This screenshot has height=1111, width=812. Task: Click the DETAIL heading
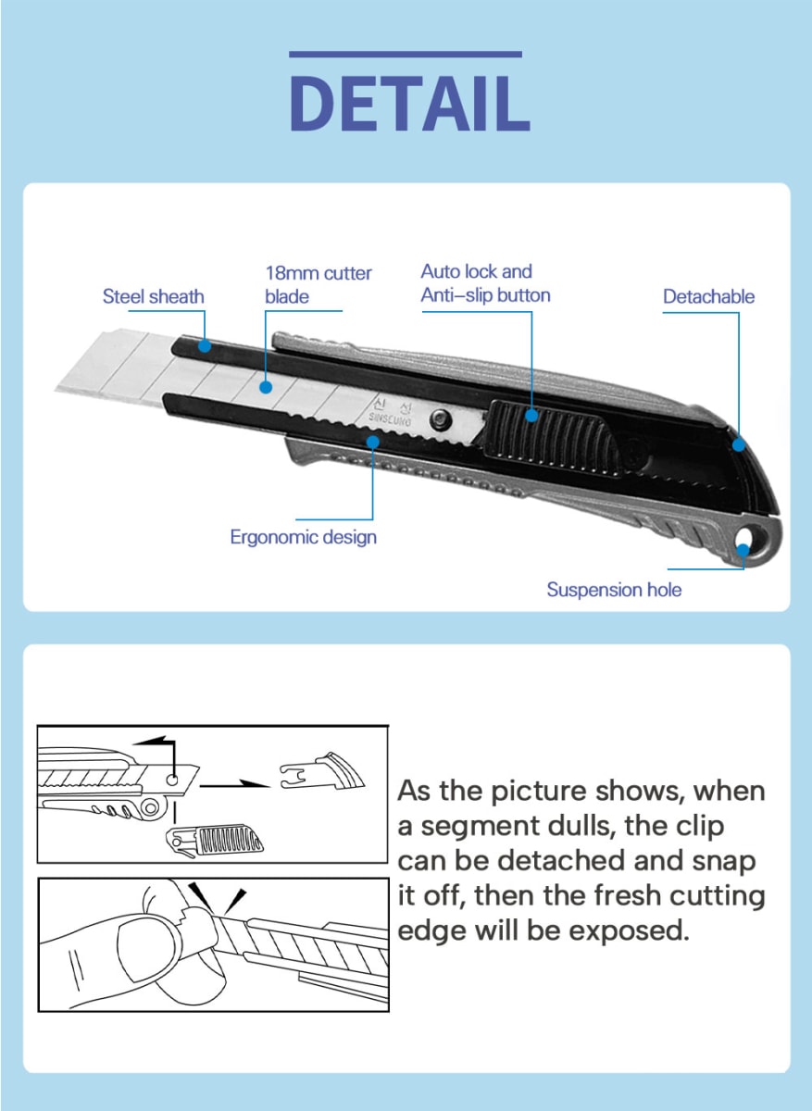(x=408, y=103)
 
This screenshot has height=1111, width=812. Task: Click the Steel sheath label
(x=153, y=296)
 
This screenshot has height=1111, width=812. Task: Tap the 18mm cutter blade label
(x=318, y=284)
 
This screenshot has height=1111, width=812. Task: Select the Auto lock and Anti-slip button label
(x=484, y=283)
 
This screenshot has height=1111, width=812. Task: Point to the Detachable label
(x=708, y=296)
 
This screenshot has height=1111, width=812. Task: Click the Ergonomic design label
(x=303, y=537)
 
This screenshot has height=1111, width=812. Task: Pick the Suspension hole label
(x=614, y=590)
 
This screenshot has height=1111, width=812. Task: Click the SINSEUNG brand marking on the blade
(x=390, y=412)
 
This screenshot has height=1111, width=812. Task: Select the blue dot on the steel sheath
(x=204, y=346)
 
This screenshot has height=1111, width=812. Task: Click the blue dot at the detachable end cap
(x=739, y=443)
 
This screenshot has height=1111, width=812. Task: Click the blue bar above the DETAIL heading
(x=406, y=55)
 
